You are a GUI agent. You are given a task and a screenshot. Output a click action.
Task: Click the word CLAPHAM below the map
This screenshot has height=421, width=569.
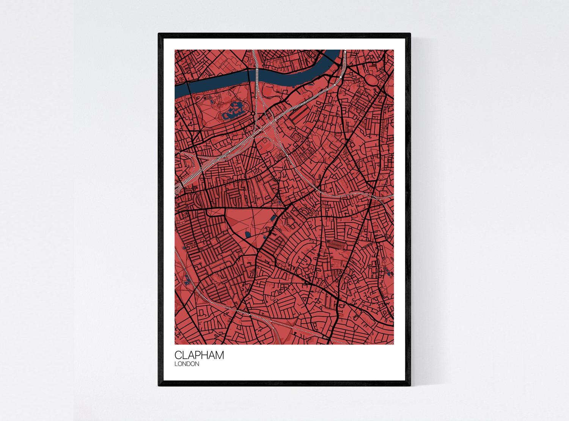(x=199, y=355)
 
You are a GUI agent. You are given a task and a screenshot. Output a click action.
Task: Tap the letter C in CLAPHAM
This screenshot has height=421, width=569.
(x=179, y=355)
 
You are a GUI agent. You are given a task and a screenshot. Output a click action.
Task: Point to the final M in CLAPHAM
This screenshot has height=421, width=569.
(x=219, y=355)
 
